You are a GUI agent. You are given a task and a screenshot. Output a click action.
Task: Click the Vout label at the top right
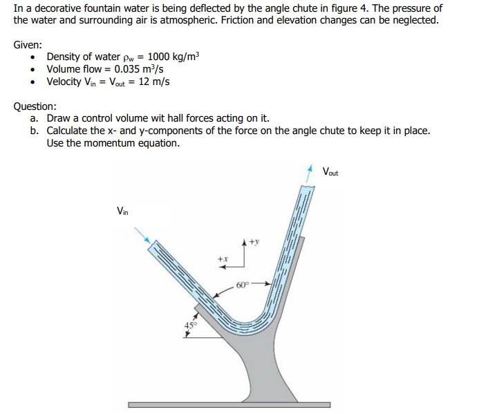[330, 172]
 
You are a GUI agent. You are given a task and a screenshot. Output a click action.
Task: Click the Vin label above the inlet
[122, 211]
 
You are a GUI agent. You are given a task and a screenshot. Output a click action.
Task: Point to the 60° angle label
[242, 285]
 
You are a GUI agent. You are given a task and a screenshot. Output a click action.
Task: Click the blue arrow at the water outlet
[309, 173]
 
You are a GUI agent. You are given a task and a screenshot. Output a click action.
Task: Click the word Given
[27, 44]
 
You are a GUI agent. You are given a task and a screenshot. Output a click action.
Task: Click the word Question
[34, 106]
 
